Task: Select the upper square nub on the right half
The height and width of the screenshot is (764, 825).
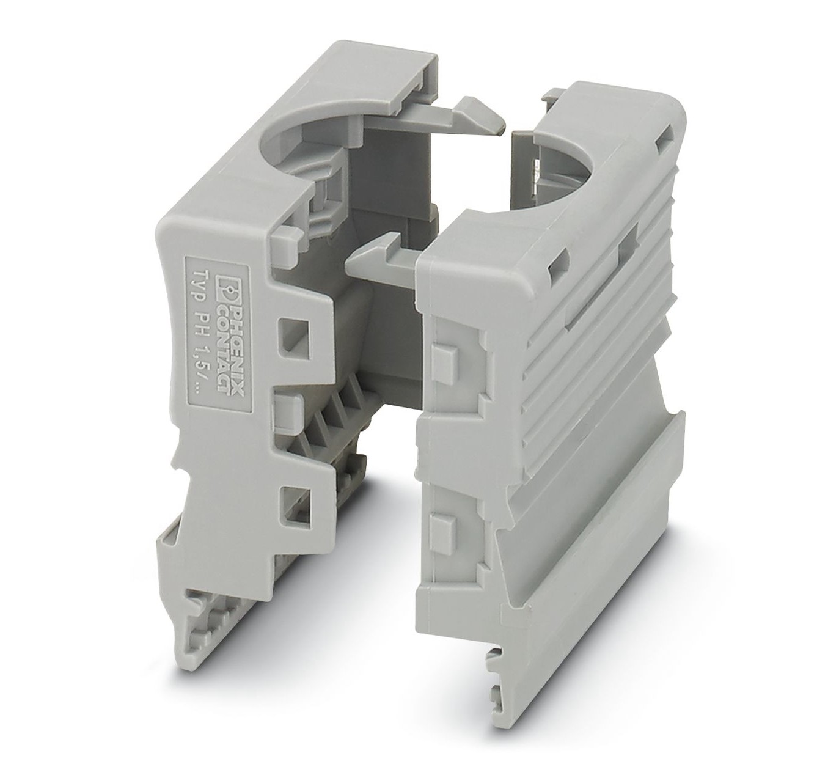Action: [x=444, y=359]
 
